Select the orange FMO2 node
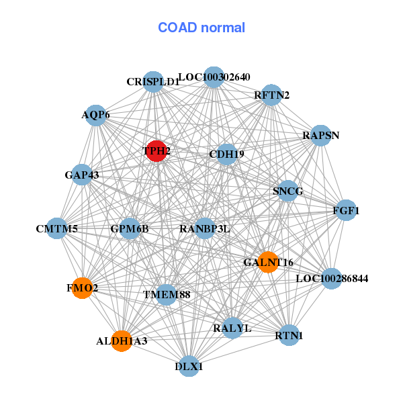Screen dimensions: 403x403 click(x=82, y=288)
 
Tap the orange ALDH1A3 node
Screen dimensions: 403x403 click(x=122, y=341)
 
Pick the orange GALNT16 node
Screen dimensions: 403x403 click(x=268, y=262)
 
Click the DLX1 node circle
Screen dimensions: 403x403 click(x=189, y=367)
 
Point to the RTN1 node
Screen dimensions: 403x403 click(x=289, y=334)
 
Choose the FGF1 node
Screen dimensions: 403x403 click(x=346, y=210)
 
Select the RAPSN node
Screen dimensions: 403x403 click(x=321, y=135)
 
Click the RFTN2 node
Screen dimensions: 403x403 click(x=271, y=95)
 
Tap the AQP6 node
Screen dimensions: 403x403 click(x=96, y=115)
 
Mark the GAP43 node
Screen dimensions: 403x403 click(x=82, y=175)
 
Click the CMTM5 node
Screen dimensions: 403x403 click(x=58, y=229)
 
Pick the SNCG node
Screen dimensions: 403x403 click(x=287, y=191)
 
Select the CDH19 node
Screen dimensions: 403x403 click(x=227, y=154)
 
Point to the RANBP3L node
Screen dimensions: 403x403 click(x=205, y=229)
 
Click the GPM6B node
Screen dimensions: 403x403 click(x=129, y=229)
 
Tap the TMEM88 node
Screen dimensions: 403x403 click(x=167, y=294)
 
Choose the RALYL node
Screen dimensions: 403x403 click(x=232, y=328)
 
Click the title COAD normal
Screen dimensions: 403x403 click(x=201, y=28)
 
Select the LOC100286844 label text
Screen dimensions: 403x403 click(x=332, y=278)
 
